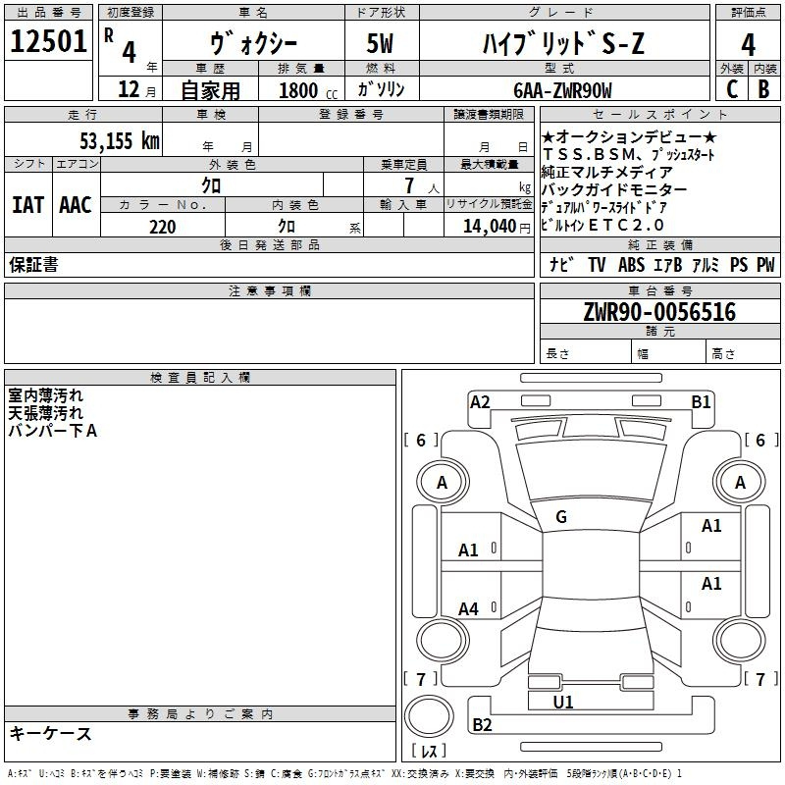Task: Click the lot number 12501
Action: pos(48,41)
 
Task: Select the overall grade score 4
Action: pos(748,44)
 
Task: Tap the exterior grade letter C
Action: pos(732,89)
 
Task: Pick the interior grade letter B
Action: pos(763,89)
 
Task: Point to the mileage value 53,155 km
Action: pos(120,140)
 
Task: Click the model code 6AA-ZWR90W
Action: pos(562,90)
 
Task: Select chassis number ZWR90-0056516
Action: pos(659,312)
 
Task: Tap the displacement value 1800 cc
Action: pos(308,90)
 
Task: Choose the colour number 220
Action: pos(162,227)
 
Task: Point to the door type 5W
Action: pos(380,43)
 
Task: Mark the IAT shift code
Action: pos(27,205)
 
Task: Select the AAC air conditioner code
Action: pos(76,205)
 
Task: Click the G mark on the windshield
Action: pos(561,517)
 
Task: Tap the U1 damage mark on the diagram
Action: pos(562,702)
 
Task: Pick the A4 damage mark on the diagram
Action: pos(468,608)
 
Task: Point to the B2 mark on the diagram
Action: pos(482,724)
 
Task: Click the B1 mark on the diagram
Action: pos(701,401)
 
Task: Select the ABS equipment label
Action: pos(631,264)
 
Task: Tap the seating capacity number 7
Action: pos(409,185)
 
